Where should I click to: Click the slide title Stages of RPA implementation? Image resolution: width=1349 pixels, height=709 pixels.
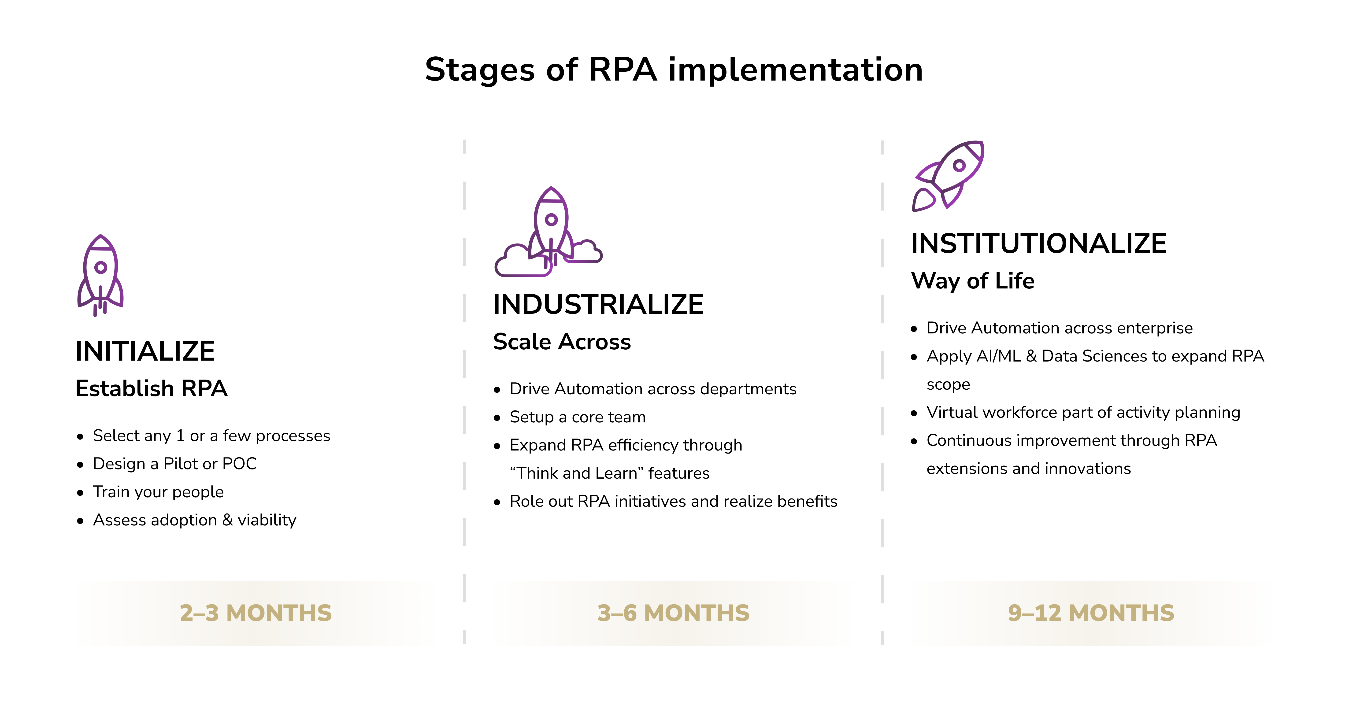pyautogui.click(x=674, y=70)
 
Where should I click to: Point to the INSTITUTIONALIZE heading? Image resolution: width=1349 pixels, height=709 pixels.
pyautogui.click(x=1038, y=244)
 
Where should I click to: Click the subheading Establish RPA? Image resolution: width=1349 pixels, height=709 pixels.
pyautogui.click(x=151, y=388)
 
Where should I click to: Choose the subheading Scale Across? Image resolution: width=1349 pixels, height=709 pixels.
pyautogui.click(x=562, y=342)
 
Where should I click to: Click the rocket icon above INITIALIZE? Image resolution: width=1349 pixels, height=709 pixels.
pyautogui.click(x=100, y=275)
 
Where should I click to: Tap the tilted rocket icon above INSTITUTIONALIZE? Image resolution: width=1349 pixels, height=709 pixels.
pyautogui.click(x=948, y=175)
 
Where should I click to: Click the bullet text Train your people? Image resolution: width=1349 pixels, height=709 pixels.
pyautogui.click(x=158, y=492)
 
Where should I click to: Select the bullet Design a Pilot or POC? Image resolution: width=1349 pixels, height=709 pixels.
pyautogui.click(x=174, y=464)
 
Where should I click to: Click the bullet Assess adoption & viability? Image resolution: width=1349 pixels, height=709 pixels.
pyautogui.click(x=194, y=521)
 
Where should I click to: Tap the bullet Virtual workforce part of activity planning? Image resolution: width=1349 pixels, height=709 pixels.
pyautogui.click(x=1083, y=413)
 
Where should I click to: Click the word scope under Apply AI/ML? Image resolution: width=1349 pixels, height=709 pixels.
pyautogui.click(x=948, y=385)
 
